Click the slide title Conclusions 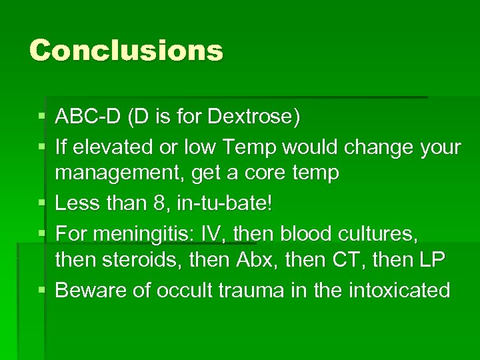(126, 51)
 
